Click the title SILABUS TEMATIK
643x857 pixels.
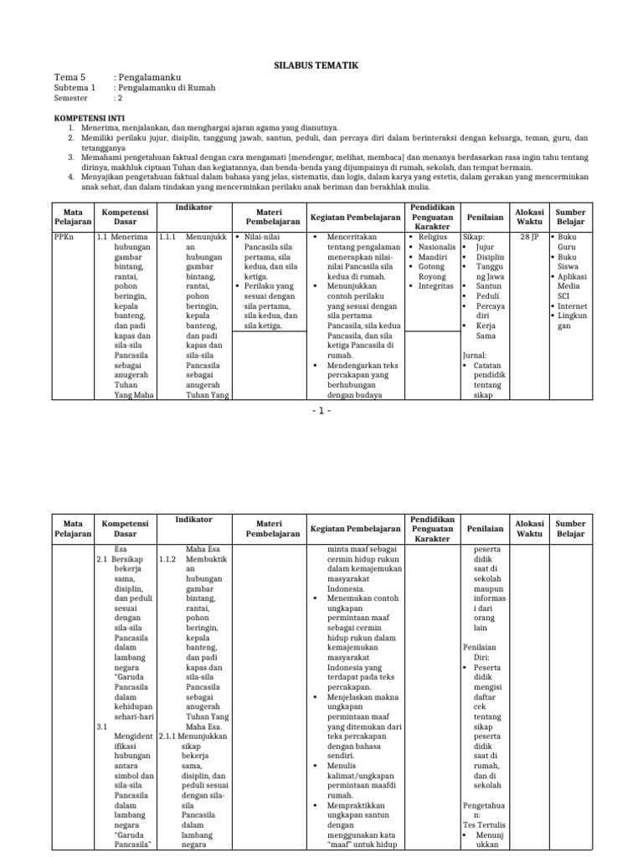click(321, 64)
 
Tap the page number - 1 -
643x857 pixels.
click(321, 411)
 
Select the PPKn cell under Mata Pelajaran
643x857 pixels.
click(64, 237)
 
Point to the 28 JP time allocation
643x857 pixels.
click(528, 237)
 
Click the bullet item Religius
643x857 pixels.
click(434, 237)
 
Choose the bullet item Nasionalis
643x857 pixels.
click(437, 248)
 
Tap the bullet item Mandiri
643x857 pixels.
click(433, 257)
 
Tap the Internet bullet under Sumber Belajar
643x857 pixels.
click(572, 306)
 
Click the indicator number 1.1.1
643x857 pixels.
click(167, 237)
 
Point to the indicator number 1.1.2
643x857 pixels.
click(167, 558)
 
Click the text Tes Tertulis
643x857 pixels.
click(484, 824)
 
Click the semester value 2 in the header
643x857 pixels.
click(120, 98)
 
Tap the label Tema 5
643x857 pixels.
click(70, 77)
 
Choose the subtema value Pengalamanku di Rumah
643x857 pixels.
click(167, 87)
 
